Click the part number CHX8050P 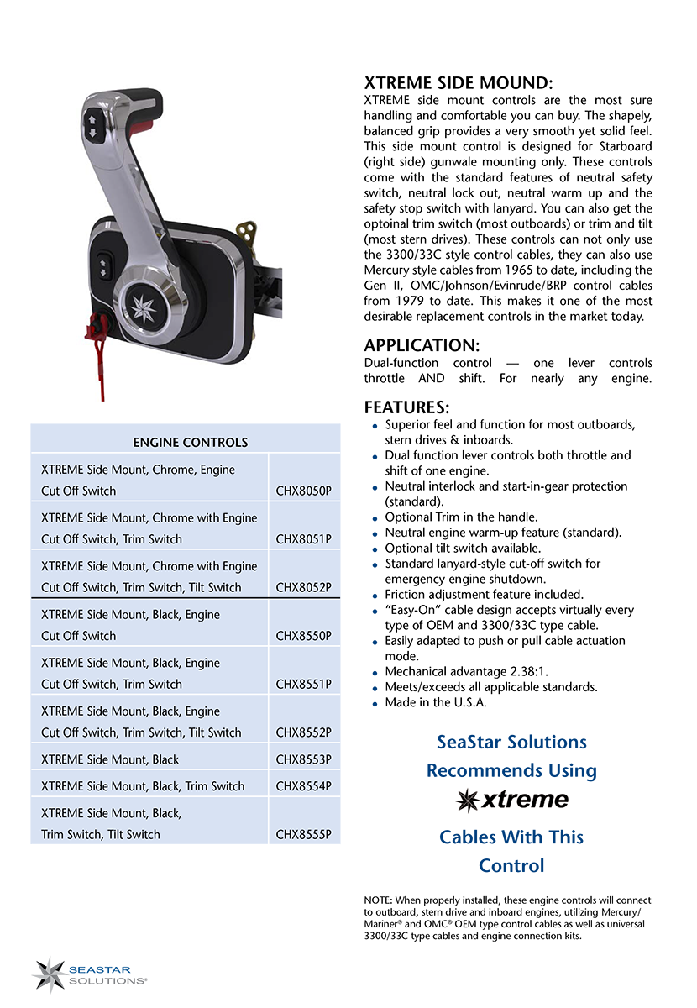(x=303, y=491)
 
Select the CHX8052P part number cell (x=303, y=587)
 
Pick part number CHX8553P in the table (x=303, y=759)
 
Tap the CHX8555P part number (x=303, y=834)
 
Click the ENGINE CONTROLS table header (x=191, y=442)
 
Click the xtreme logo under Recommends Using (x=511, y=800)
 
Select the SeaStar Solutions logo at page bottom (x=90, y=974)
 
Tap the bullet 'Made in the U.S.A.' (x=435, y=702)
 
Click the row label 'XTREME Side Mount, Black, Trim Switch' (x=143, y=786)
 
